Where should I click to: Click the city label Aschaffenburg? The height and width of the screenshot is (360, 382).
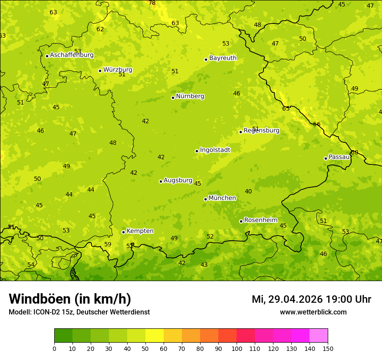click(x=72, y=55)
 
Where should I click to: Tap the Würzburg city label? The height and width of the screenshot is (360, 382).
click(x=118, y=70)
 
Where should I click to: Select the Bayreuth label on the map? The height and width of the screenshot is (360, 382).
click(x=223, y=58)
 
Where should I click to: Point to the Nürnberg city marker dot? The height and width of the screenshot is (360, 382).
click(x=173, y=98)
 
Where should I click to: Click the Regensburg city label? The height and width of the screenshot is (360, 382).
click(x=261, y=131)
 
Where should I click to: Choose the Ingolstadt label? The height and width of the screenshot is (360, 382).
click(x=215, y=150)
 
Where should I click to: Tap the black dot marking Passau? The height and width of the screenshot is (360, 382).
click(x=326, y=158)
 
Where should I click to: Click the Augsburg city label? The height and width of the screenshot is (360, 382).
click(x=178, y=180)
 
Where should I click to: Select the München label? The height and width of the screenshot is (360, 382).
click(x=222, y=198)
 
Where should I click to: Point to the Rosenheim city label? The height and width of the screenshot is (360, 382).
click(x=260, y=220)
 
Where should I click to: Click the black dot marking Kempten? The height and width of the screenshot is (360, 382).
click(x=123, y=232)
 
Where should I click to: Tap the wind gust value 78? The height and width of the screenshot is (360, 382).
click(x=152, y=3)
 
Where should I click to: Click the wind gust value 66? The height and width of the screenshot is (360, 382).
click(x=317, y=124)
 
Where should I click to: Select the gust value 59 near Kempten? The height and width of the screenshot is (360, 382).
click(x=108, y=245)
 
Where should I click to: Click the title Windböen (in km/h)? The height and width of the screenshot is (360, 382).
click(x=70, y=299)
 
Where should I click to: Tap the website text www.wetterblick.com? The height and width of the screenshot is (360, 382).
click(x=313, y=312)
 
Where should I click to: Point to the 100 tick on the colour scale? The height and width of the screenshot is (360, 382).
click(x=237, y=348)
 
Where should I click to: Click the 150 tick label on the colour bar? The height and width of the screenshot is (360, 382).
click(x=328, y=348)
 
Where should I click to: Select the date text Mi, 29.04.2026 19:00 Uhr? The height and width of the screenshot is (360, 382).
click(x=311, y=299)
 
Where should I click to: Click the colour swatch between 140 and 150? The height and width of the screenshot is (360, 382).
click(x=319, y=336)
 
